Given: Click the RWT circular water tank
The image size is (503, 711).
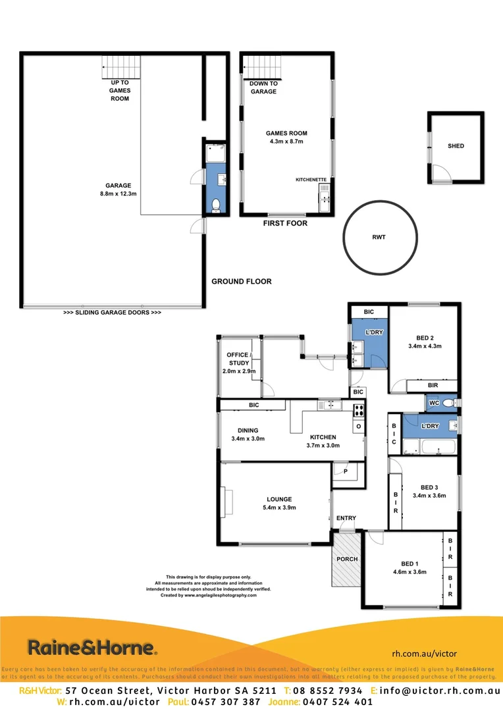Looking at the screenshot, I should point(381,238).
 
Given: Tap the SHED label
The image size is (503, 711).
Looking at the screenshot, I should point(456,146).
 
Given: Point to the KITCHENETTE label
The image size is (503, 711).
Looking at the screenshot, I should point(310,178).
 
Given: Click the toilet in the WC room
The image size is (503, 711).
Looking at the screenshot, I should point(448,402).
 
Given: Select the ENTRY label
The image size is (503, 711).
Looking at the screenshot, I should point(346,518).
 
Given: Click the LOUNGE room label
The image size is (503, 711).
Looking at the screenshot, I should point(279,499).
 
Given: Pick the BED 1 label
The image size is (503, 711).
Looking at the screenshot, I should point(409,564).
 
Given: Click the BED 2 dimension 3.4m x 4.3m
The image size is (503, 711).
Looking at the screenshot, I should point(425,346).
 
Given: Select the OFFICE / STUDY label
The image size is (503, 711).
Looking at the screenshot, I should point(238,359).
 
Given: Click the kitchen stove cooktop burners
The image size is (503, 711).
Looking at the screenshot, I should point(359,410).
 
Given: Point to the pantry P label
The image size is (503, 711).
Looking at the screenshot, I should point(346,471).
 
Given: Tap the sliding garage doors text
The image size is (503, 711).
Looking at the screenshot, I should point(112,312).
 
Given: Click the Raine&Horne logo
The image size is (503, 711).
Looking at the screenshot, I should point(92,648).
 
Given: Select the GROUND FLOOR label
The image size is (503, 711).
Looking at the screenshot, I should point(241,282).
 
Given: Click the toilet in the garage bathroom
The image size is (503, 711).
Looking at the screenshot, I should point(215,204).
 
